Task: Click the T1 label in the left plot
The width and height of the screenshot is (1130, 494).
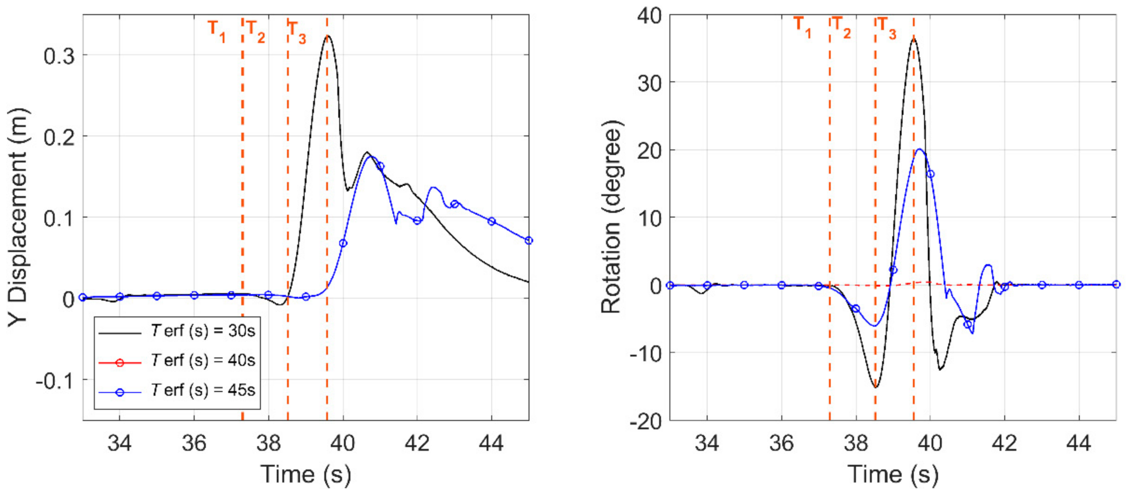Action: (216, 31)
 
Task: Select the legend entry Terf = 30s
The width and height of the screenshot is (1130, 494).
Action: (203, 331)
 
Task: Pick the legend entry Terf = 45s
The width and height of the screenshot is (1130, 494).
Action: (203, 390)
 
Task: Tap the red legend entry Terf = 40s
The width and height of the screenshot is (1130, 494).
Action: (203, 360)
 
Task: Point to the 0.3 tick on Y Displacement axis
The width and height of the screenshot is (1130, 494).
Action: (59, 56)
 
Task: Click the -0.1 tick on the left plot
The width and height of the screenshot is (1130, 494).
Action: (55, 381)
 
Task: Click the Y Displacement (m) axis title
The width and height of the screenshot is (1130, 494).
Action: (18, 217)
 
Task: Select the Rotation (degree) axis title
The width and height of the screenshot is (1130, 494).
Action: (611, 217)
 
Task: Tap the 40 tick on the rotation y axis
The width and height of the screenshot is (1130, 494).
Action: (649, 16)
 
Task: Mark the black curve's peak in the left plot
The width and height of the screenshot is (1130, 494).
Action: (328, 35)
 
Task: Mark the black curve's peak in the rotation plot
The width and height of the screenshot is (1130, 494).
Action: (913, 38)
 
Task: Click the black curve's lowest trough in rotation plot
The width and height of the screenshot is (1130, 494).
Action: (876, 387)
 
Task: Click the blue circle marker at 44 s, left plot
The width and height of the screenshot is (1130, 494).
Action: (491, 221)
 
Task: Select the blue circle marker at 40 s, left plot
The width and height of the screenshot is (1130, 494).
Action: (343, 243)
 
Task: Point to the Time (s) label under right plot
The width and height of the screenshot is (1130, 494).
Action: (893, 474)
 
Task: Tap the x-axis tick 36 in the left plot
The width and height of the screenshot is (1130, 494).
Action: (194, 443)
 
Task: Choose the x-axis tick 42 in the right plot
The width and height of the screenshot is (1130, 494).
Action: (1004, 443)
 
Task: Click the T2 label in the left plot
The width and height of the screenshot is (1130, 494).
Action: (255, 31)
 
